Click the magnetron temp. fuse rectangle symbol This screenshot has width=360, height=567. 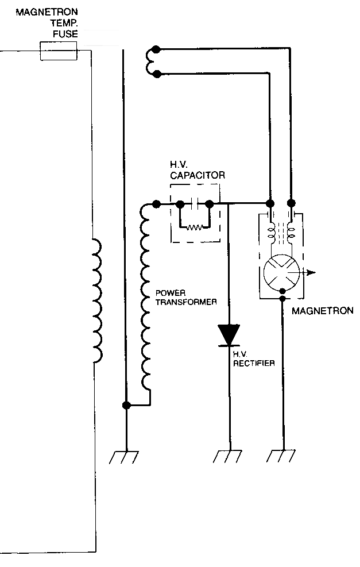pyautogui.click(x=58, y=51)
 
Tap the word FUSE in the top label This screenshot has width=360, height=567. pyautogui.click(x=65, y=34)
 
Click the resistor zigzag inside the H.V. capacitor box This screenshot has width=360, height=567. pyautogui.click(x=195, y=227)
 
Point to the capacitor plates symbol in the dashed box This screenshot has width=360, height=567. pyautogui.click(x=195, y=205)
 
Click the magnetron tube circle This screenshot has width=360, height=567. pyautogui.click(x=282, y=272)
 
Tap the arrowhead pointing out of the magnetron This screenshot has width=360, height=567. pyautogui.click(x=311, y=272)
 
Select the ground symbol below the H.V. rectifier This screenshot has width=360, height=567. pyautogui.click(x=227, y=457)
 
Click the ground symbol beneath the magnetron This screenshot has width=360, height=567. pyautogui.click(x=281, y=456)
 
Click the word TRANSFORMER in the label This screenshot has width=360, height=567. pyautogui.click(x=186, y=302)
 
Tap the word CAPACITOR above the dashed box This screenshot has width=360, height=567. pyautogui.click(x=198, y=176)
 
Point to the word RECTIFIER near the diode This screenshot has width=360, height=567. pyautogui.click(x=254, y=363)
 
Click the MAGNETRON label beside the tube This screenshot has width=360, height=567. pyautogui.click(x=323, y=311)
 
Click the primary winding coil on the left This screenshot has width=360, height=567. pyautogui.click(x=97, y=300)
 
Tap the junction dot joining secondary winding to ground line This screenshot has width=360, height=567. pyautogui.click(x=126, y=405)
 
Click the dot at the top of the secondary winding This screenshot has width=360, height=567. pyautogui.click(x=156, y=205)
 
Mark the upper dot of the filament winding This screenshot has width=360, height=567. pyautogui.click(x=156, y=49)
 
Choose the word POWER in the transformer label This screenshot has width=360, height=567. pyautogui.click(x=171, y=293)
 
